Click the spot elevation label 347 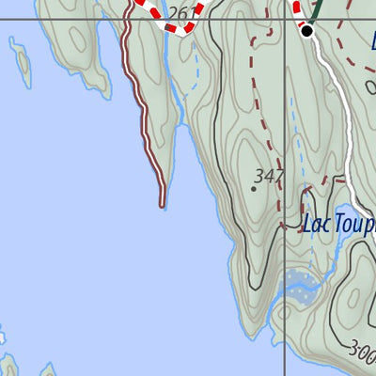tap(269, 176)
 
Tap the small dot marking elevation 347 tap(253, 188)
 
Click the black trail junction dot tap(306, 31)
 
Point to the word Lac tap(316, 225)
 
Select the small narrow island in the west tap(20, 59)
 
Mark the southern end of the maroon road tap(163, 202)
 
